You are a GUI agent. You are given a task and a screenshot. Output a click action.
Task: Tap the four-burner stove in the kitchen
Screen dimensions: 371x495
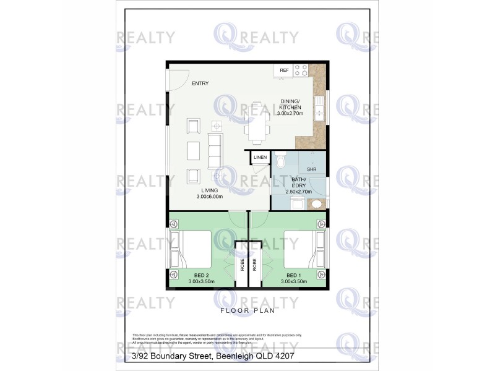301,70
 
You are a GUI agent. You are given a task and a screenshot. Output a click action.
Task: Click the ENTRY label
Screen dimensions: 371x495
200,83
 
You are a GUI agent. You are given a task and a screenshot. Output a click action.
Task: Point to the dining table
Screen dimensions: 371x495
257,122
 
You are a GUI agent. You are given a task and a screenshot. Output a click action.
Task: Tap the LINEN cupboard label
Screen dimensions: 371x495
260,158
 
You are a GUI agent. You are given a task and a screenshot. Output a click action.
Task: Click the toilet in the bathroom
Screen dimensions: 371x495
280,162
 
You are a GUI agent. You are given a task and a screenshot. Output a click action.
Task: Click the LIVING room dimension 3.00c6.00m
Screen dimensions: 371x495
209,197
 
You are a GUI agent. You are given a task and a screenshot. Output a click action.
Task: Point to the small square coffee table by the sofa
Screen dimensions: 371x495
217,124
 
